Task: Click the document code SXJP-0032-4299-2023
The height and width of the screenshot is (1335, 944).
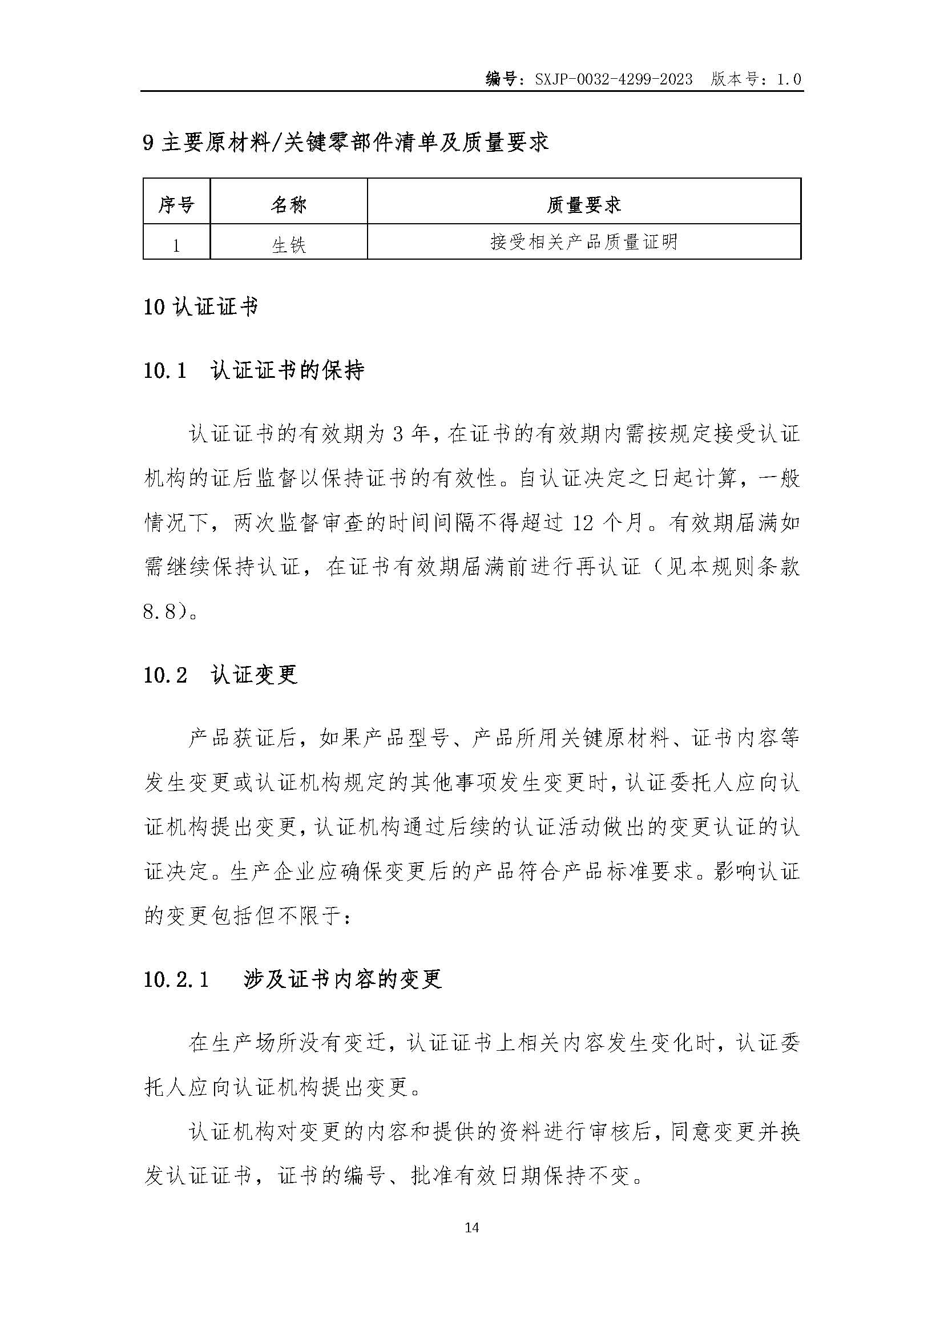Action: [613, 80]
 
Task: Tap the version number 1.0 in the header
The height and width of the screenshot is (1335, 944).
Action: [789, 80]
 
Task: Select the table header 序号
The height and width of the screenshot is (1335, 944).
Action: [176, 204]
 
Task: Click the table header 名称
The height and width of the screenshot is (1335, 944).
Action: [288, 204]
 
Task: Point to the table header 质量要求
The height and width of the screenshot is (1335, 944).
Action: [584, 204]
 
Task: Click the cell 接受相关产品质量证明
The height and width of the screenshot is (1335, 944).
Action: [584, 242]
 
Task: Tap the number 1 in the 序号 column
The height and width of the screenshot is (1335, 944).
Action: [176, 245]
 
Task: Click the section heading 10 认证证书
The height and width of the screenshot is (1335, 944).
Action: [200, 308]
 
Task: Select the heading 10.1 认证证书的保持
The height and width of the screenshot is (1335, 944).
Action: [253, 370]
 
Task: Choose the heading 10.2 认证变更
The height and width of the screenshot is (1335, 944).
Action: [220, 675]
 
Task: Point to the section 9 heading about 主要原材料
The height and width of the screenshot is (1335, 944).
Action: [346, 143]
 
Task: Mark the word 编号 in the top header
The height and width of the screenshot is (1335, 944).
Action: [501, 80]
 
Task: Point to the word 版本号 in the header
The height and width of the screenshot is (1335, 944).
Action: [734, 80]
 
